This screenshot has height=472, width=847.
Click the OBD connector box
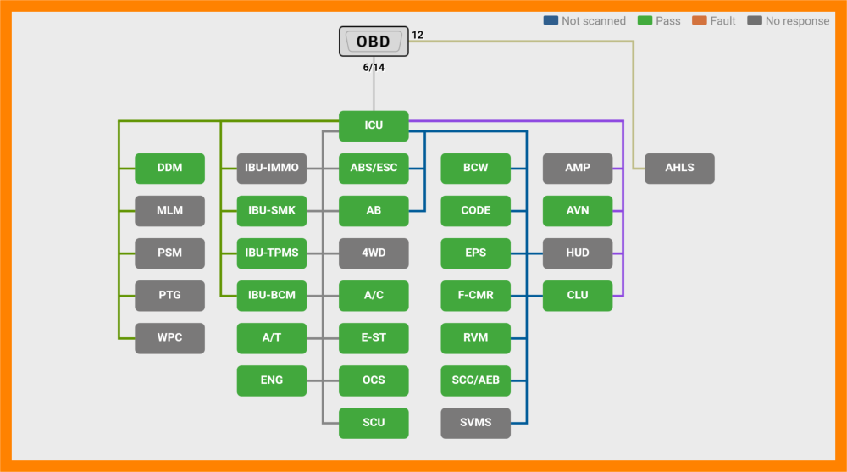pyautogui.click(x=374, y=41)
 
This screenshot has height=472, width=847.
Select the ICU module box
pyautogui.click(x=374, y=125)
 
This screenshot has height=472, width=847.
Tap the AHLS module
pyautogui.click(x=679, y=168)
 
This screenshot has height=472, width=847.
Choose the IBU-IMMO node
pyautogui.click(x=272, y=168)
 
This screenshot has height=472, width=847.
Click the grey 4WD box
pyautogui.click(x=374, y=253)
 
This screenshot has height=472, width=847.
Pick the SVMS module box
pyautogui.click(x=475, y=423)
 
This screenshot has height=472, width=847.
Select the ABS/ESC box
pyautogui.click(x=374, y=168)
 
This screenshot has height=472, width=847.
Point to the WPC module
pyautogui.click(x=169, y=338)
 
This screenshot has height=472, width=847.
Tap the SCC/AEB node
pyautogui.click(x=475, y=380)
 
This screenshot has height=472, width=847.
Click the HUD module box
pyautogui.click(x=578, y=253)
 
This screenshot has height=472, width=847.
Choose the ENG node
pyautogui.click(x=272, y=380)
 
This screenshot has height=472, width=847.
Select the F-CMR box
pyautogui.click(x=475, y=296)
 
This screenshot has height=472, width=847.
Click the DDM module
pyautogui.click(x=169, y=168)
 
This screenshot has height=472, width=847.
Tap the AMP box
pyautogui.click(x=578, y=168)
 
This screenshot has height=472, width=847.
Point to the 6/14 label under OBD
pyautogui.click(x=374, y=68)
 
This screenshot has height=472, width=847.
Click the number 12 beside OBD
pyautogui.click(x=418, y=35)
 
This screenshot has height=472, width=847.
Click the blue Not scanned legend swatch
pyautogui.click(x=551, y=20)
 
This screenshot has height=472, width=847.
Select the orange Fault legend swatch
pyautogui.click(x=700, y=20)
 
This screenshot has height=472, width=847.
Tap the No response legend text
pyautogui.click(x=797, y=21)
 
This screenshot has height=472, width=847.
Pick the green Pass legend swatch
pyautogui.click(x=645, y=20)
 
